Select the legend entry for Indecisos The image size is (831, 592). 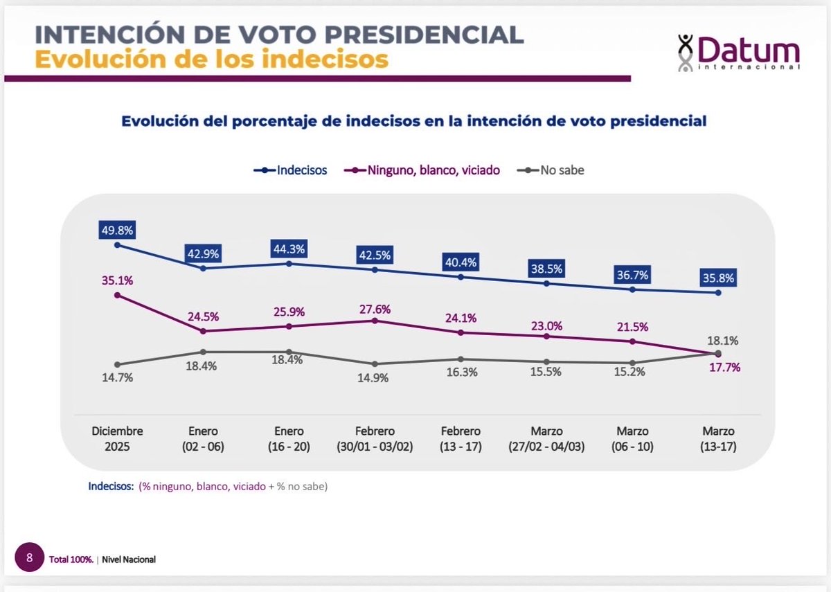[x=291, y=170]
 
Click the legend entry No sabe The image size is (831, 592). [x=551, y=170]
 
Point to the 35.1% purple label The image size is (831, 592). [x=116, y=280]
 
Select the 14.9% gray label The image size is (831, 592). [x=375, y=378]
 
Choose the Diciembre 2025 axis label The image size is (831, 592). [x=116, y=439]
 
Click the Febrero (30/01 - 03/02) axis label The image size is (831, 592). [x=375, y=439]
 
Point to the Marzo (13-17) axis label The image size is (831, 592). [x=717, y=439]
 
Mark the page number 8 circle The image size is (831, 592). [x=29, y=557]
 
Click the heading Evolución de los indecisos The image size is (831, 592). [x=211, y=59]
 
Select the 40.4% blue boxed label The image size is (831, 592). [x=461, y=262]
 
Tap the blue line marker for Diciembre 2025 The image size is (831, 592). [x=116, y=244]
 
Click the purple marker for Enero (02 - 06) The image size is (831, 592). [x=203, y=331]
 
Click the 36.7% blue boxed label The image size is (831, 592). [x=632, y=275]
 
